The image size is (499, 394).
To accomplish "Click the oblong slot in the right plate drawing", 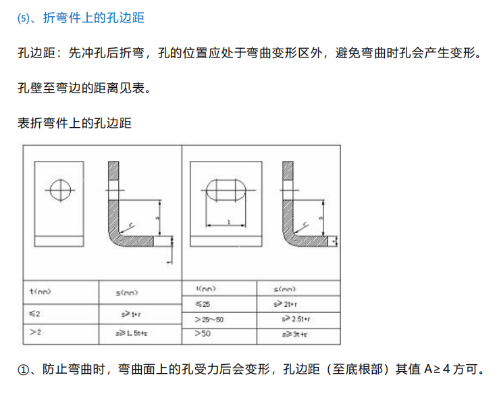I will coord(228,189).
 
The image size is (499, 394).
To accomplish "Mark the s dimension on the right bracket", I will coord(321,218).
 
